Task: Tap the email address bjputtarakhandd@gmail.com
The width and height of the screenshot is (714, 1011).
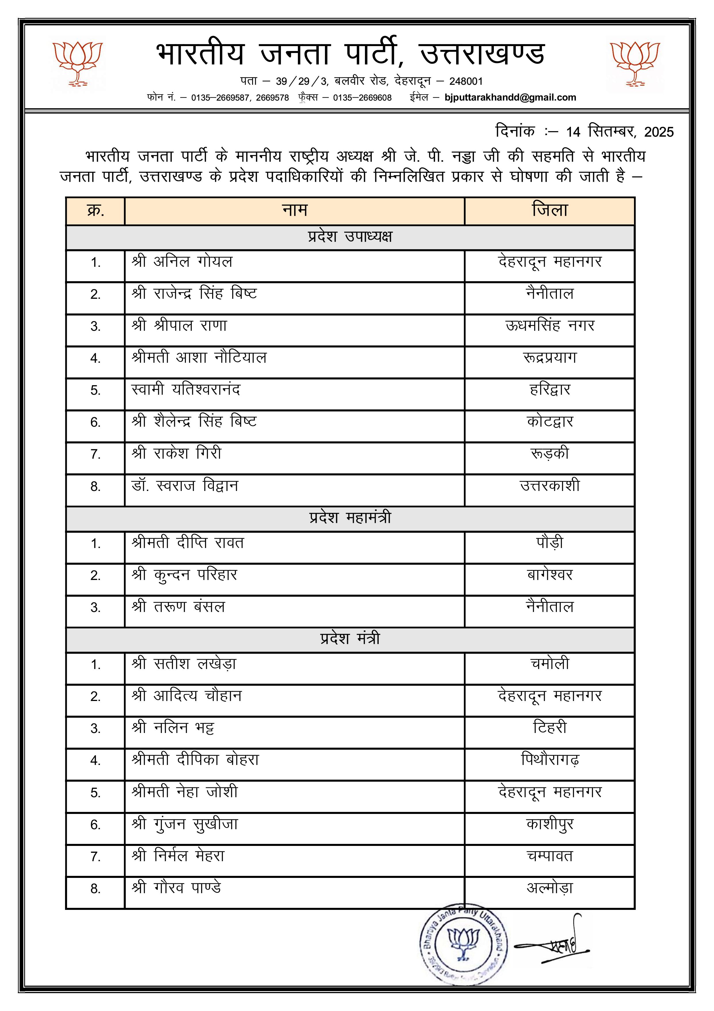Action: pos(510,97)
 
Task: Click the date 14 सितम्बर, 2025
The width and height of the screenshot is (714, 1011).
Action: pos(619,132)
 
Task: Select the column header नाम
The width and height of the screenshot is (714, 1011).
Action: pos(294,211)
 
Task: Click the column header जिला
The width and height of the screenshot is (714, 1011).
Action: pos(549,211)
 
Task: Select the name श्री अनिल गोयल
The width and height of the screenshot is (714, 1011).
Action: pos(182,262)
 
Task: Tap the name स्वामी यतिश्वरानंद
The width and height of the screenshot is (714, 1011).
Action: pos(186,390)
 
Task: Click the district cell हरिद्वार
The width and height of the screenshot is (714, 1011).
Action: pos(549,390)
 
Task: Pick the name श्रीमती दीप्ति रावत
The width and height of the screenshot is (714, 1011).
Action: pos(187,543)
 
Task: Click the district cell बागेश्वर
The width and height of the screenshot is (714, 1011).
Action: pos(549,575)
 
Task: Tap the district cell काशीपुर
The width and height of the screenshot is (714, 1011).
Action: pos(549,824)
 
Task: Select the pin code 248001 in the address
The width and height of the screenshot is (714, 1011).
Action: pos(466,82)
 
